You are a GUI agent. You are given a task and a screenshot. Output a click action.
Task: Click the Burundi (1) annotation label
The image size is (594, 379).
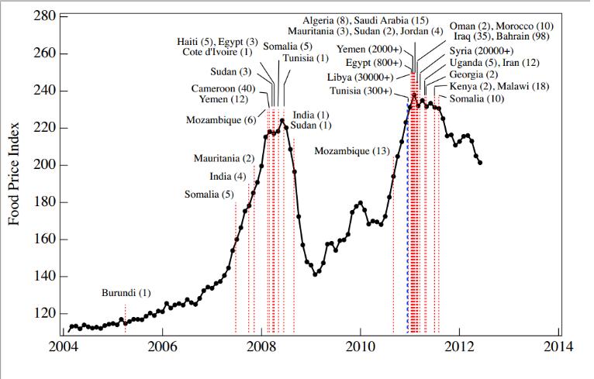[126, 293]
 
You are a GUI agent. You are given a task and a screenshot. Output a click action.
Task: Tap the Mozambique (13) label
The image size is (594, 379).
[352, 150]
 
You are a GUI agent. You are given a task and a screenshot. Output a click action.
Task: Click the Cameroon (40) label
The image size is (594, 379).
[223, 88]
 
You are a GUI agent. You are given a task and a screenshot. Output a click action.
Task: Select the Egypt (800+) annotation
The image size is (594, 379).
[374, 62]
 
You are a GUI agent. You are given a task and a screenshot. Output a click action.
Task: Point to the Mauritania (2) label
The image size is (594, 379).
[224, 158]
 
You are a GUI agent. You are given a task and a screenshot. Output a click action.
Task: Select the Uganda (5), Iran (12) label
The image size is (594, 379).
[495, 62]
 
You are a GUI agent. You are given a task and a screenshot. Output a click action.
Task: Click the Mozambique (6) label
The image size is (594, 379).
[221, 120]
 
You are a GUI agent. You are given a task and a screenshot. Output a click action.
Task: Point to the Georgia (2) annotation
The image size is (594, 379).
[474, 74]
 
